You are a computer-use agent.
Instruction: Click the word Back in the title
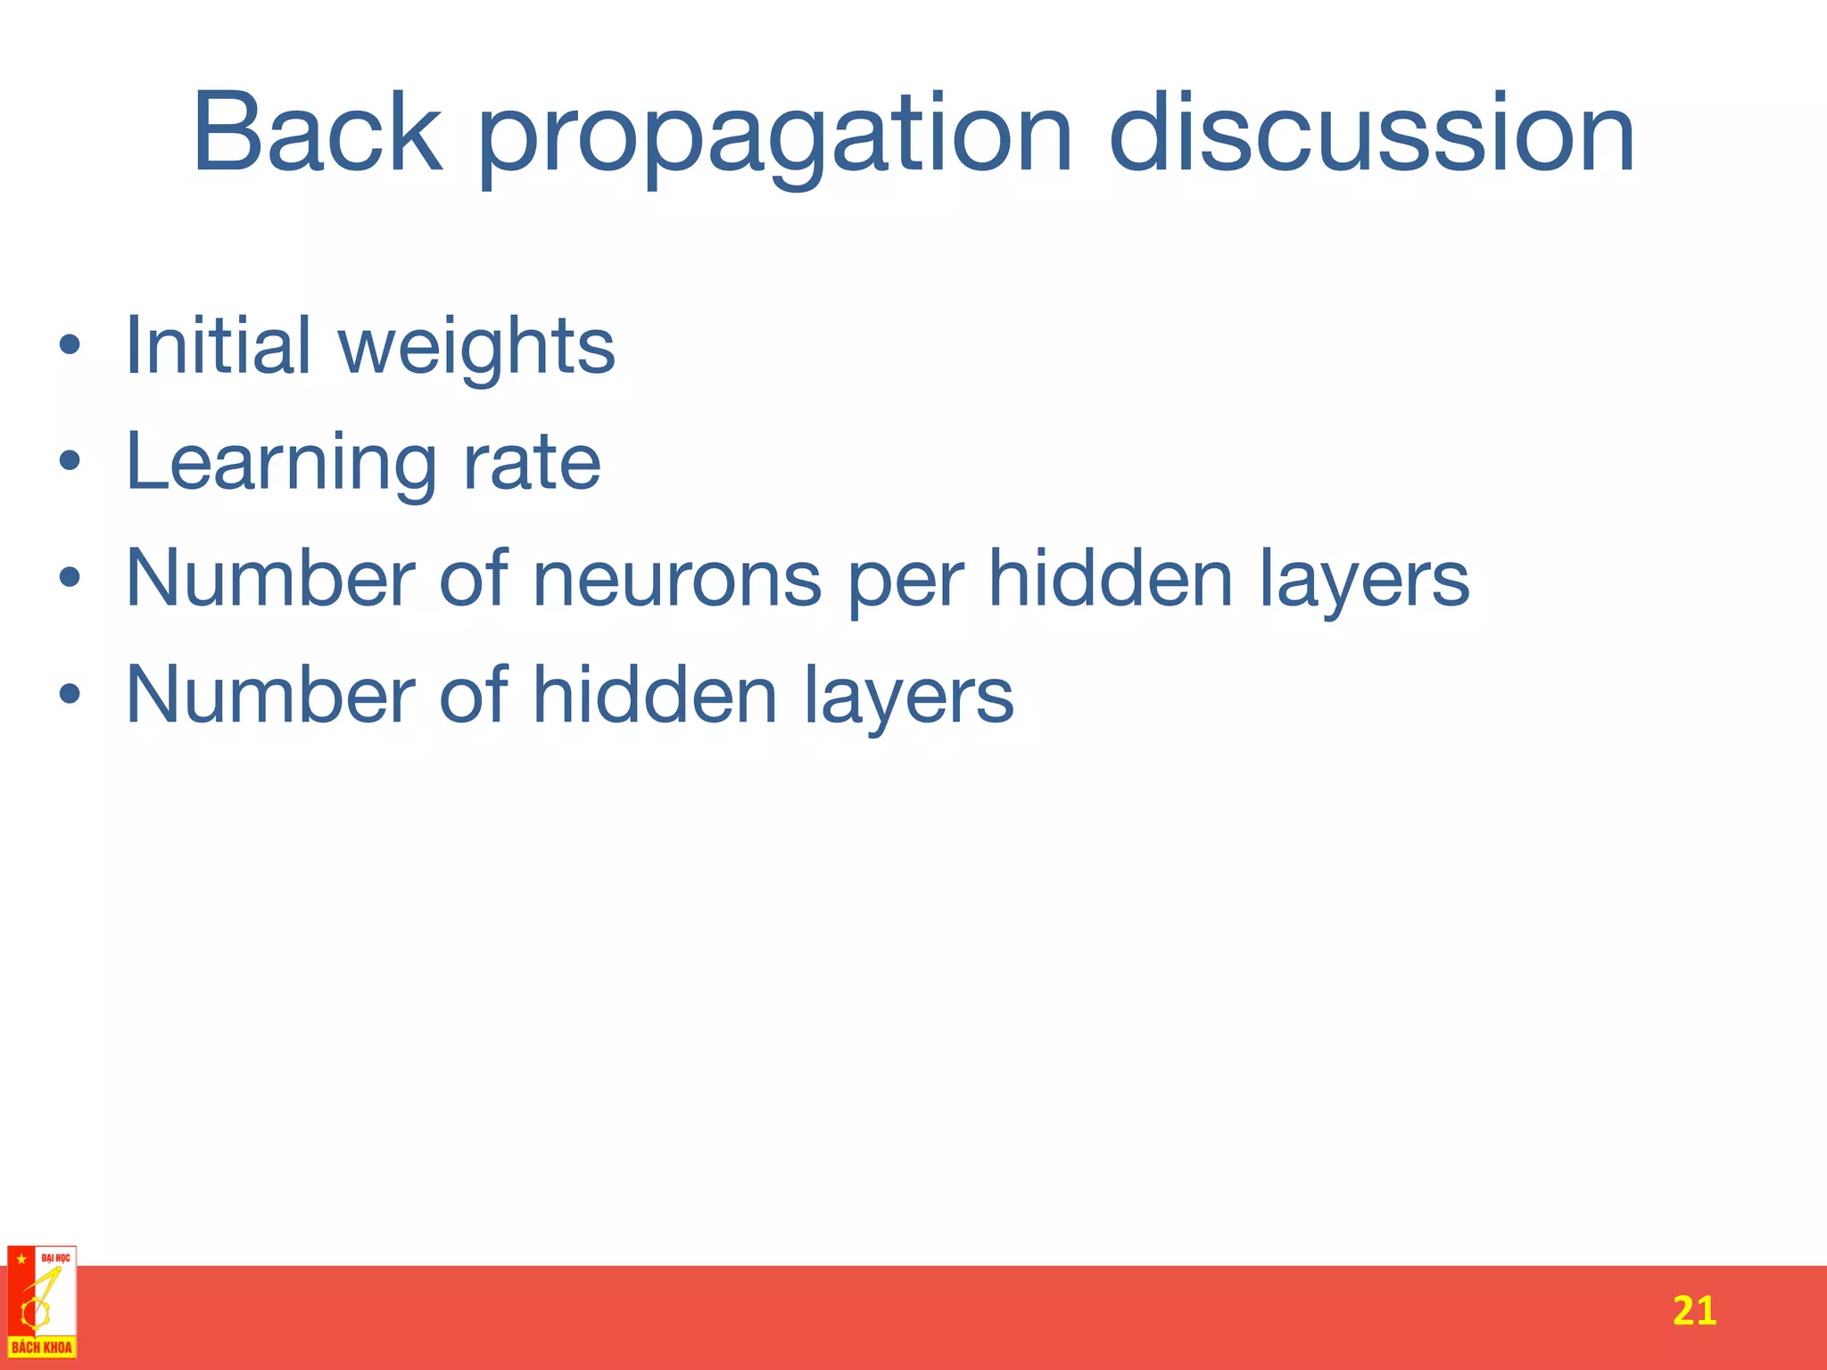click(x=317, y=134)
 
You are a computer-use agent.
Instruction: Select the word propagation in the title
click(x=774, y=138)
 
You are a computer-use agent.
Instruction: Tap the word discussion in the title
click(x=1371, y=134)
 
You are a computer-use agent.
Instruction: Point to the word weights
click(x=477, y=350)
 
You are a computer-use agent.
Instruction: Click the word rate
click(x=532, y=464)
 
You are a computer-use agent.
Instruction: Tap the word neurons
click(x=677, y=580)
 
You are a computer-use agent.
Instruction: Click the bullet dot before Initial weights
click(x=70, y=345)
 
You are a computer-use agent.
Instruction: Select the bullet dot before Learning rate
click(x=70, y=461)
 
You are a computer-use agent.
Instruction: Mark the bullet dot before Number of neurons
click(x=70, y=578)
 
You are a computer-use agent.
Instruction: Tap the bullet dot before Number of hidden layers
click(x=70, y=694)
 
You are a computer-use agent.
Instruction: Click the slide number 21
click(x=1693, y=1311)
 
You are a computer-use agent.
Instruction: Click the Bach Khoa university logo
click(x=41, y=1301)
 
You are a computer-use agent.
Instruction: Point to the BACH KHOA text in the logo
click(x=41, y=1347)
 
